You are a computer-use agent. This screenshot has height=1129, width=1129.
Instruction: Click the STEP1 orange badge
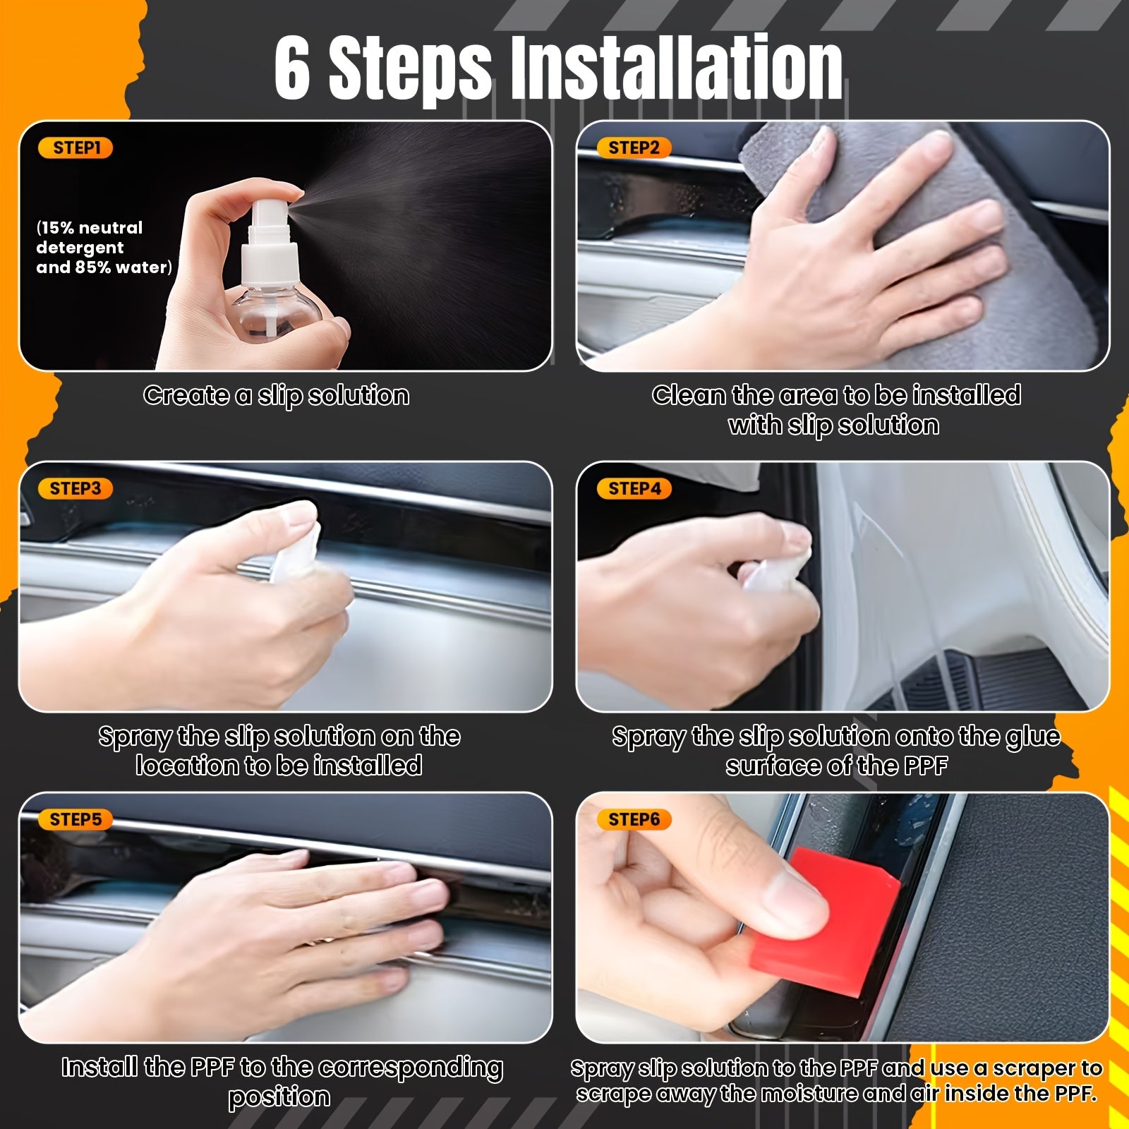[77, 148]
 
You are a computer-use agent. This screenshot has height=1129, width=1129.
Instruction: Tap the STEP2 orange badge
[634, 148]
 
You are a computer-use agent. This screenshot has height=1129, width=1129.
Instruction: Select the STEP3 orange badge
[76, 489]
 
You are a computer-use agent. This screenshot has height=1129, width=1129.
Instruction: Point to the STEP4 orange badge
[634, 489]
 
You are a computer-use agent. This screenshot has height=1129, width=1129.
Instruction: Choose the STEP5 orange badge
[76, 820]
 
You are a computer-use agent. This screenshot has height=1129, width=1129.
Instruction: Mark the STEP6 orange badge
[634, 820]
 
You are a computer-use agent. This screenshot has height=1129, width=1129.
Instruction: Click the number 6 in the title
[292, 69]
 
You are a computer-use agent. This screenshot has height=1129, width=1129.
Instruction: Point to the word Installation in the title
[676, 69]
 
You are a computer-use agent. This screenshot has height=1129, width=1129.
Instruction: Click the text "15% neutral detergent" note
[90, 238]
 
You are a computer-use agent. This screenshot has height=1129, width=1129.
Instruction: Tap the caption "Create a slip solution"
[276, 396]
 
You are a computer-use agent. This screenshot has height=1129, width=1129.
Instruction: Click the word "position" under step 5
[279, 1098]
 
